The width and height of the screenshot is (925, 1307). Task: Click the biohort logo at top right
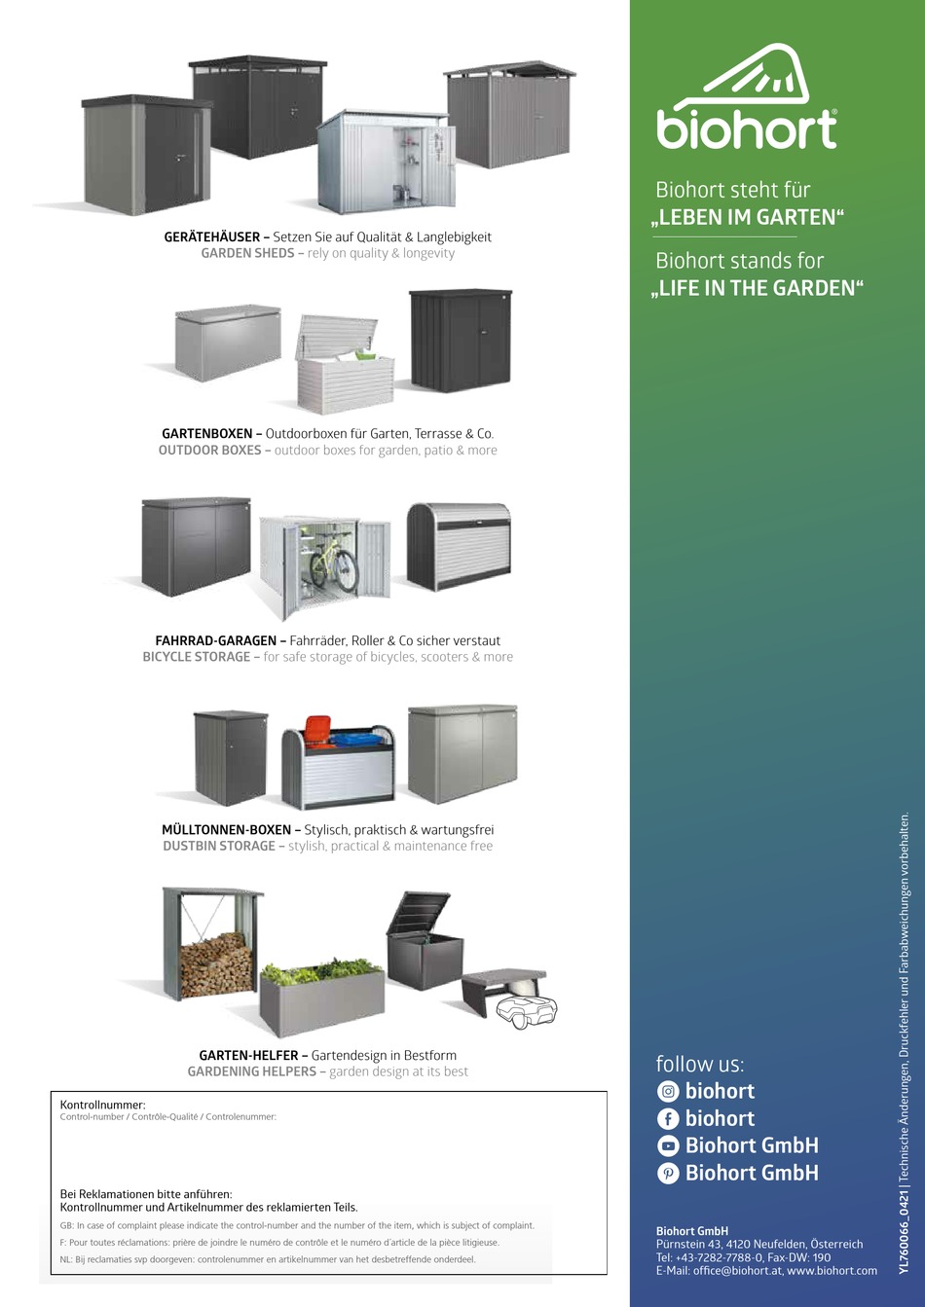tap(747, 97)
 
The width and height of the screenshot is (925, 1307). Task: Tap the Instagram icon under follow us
tap(668, 1092)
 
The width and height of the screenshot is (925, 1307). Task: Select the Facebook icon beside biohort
tap(668, 1119)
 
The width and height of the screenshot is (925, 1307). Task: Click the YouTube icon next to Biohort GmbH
tap(668, 1146)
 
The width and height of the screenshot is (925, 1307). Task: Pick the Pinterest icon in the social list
tap(668, 1174)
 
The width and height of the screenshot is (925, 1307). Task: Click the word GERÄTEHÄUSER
tap(211, 236)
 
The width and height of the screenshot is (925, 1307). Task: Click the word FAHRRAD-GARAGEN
tap(215, 641)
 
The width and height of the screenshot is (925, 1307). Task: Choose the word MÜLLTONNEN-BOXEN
tap(225, 830)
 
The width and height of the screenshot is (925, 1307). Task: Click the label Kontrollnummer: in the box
tap(102, 1106)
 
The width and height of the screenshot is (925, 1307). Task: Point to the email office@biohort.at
tap(737, 1271)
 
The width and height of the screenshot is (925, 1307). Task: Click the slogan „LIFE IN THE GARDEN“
tap(758, 288)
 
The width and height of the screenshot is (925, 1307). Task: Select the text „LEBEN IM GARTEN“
tap(747, 218)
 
